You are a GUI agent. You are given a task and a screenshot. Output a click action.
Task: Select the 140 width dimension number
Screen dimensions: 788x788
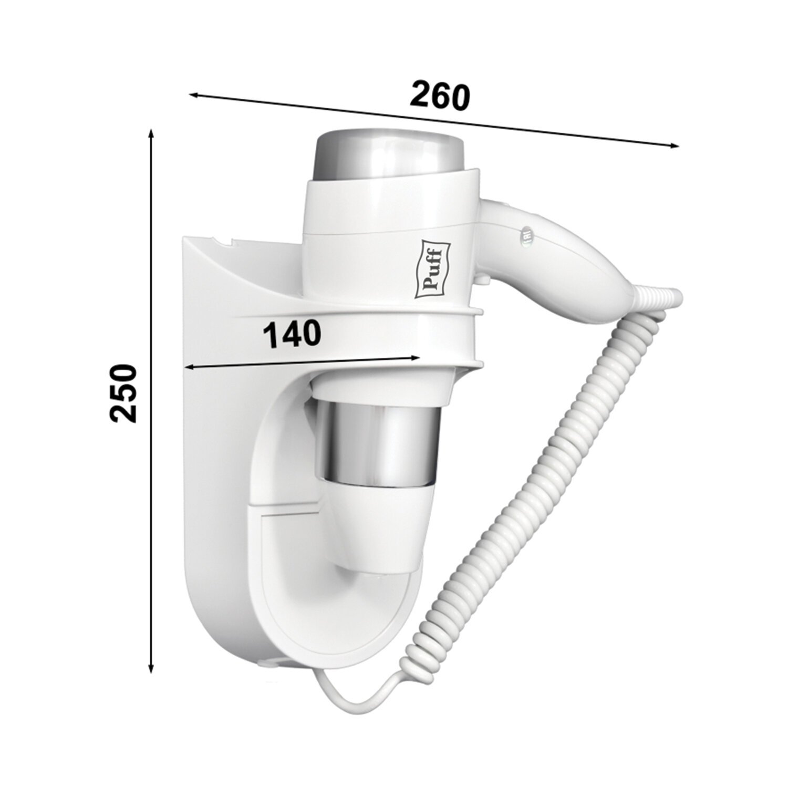[292, 334]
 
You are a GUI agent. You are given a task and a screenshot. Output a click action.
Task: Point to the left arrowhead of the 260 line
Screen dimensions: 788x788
[193, 95]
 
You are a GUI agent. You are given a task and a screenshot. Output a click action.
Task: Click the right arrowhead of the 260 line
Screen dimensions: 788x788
[674, 146]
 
